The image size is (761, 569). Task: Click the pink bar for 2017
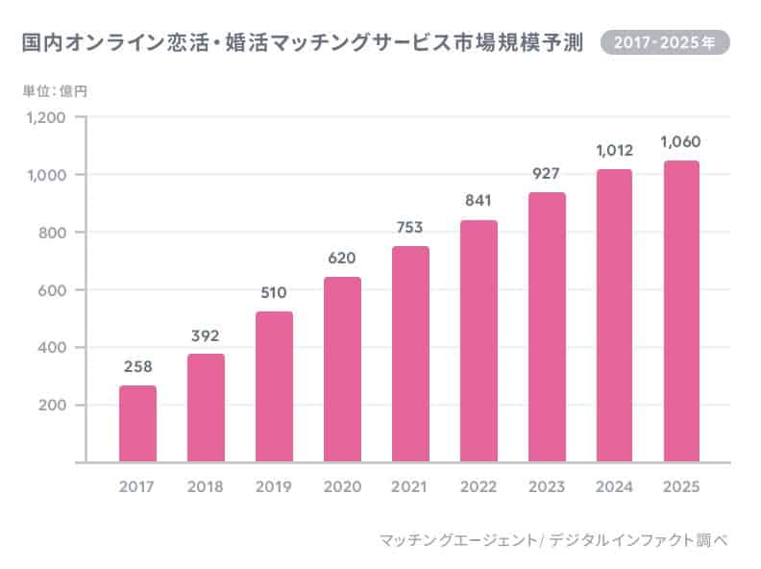point(137,424)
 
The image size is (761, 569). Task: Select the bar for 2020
point(342,370)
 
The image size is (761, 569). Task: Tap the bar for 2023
point(547,327)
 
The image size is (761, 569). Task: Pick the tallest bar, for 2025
point(680,311)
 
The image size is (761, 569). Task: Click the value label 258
point(137,367)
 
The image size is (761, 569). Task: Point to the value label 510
point(274,293)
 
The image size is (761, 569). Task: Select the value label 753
point(410,228)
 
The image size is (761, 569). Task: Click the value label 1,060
point(680,142)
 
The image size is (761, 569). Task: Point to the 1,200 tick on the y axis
point(46,118)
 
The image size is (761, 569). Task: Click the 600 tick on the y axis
point(51,290)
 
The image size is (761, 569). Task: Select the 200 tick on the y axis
point(51,405)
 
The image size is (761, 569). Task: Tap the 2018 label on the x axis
point(206,487)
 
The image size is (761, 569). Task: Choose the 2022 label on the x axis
point(479,487)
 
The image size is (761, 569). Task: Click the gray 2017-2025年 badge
point(664,43)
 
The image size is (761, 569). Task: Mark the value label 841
point(479,201)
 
